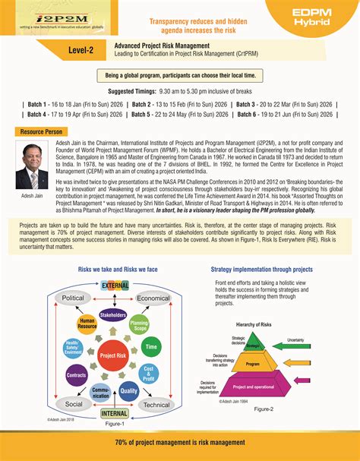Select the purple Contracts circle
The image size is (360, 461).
click(x=77, y=375)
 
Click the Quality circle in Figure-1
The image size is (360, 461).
click(x=128, y=390)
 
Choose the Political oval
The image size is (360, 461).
click(x=73, y=298)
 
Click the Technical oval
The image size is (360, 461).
click(x=156, y=405)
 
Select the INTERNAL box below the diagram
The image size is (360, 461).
click(x=115, y=414)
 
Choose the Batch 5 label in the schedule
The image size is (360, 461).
click(x=145, y=115)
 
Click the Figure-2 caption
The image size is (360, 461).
click(x=264, y=409)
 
